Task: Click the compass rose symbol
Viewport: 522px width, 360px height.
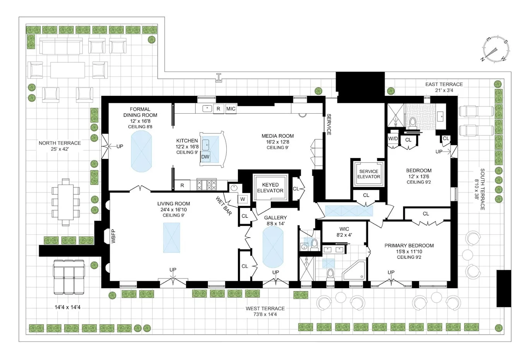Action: point(495,49)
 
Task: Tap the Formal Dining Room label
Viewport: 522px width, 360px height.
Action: point(140,112)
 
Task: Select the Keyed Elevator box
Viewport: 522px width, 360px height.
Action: point(270,188)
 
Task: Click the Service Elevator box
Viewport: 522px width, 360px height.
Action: point(369,174)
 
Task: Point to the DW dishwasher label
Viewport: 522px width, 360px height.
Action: point(205,157)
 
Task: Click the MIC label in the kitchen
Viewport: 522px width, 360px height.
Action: point(231,109)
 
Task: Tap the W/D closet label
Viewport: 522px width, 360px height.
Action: point(393,138)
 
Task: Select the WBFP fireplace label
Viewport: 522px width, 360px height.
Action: point(114,236)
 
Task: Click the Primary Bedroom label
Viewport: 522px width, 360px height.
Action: point(409,246)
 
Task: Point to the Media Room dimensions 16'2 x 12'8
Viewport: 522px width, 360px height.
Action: point(277,142)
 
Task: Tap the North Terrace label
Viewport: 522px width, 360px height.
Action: point(60,143)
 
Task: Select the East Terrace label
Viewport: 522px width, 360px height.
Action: point(444,84)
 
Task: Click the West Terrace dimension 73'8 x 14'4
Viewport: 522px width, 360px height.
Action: point(265,314)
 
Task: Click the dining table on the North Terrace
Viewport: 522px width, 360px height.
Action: point(66,202)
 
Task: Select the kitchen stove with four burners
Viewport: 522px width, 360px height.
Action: point(207,185)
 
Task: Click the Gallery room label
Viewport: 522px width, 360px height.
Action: point(275,218)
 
